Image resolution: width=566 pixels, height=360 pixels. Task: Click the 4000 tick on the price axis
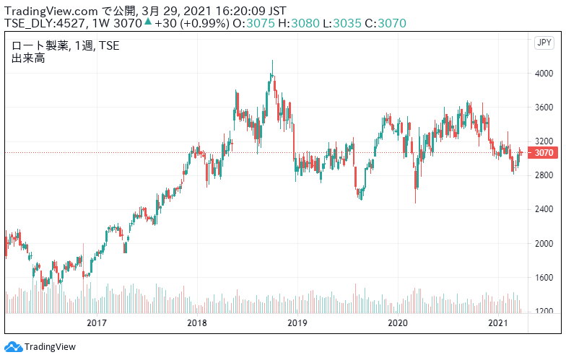[x=544, y=74]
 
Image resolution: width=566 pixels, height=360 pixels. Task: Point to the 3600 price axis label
[x=544, y=107]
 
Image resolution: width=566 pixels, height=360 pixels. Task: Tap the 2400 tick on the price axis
[x=544, y=209]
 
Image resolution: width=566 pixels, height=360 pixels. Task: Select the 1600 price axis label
[x=544, y=277]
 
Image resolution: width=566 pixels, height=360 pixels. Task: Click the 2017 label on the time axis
[x=97, y=322]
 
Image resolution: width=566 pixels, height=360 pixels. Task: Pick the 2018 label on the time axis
[x=197, y=322]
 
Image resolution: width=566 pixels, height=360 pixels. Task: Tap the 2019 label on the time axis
[x=297, y=322]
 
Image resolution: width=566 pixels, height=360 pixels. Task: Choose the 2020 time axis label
[x=398, y=322]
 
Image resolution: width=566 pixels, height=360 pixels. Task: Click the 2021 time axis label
[x=498, y=322]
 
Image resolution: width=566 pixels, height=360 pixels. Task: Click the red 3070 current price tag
[x=543, y=153]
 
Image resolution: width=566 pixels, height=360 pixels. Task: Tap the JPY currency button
[x=544, y=43]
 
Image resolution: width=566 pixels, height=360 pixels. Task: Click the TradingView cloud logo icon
[x=13, y=346]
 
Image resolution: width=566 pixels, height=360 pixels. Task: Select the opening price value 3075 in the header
[x=260, y=23]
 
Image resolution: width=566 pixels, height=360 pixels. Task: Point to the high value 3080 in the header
[x=305, y=23]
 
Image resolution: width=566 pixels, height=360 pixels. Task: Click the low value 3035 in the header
[x=347, y=23]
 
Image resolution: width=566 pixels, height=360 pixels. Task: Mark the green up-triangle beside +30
[x=148, y=22]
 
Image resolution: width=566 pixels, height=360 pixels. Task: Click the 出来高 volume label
[x=28, y=58]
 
